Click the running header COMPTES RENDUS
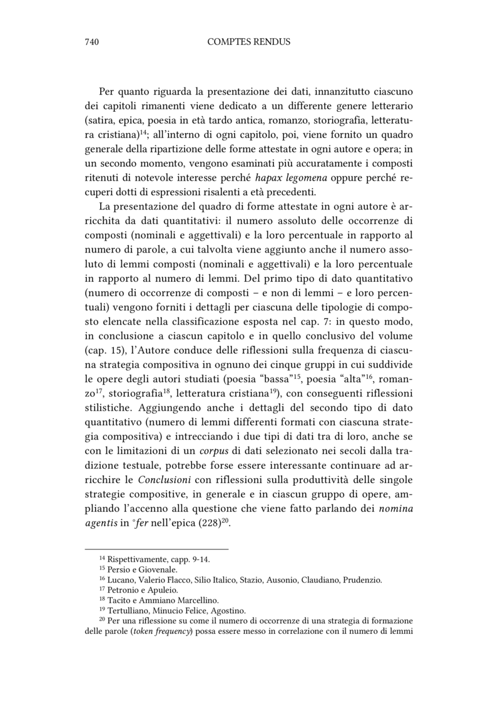pyautogui.click(x=248, y=42)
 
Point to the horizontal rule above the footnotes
pyautogui.click(x=156, y=549)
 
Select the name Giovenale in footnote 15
pyautogui.click(x=157, y=570)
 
